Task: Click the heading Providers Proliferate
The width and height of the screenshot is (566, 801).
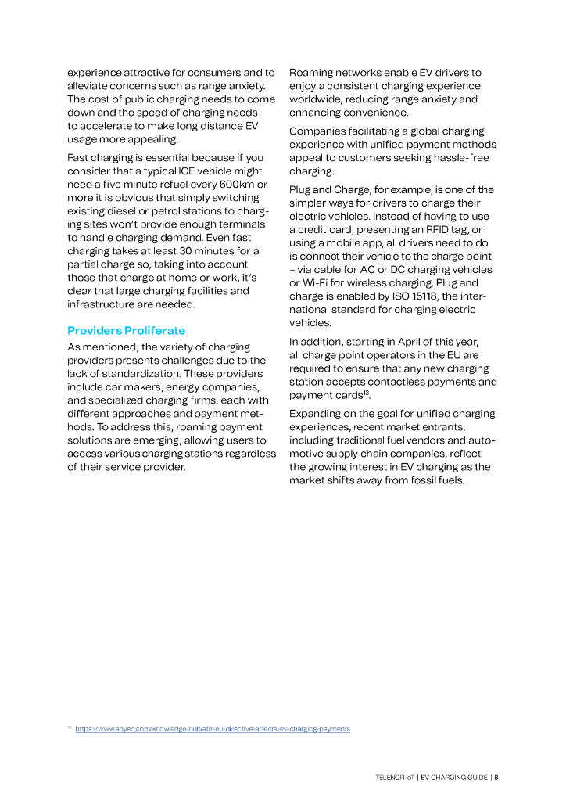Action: pyautogui.click(x=126, y=331)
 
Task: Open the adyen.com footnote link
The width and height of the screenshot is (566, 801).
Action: pyautogui.click(x=213, y=729)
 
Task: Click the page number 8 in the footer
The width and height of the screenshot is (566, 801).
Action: pyautogui.click(x=496, y=778)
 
